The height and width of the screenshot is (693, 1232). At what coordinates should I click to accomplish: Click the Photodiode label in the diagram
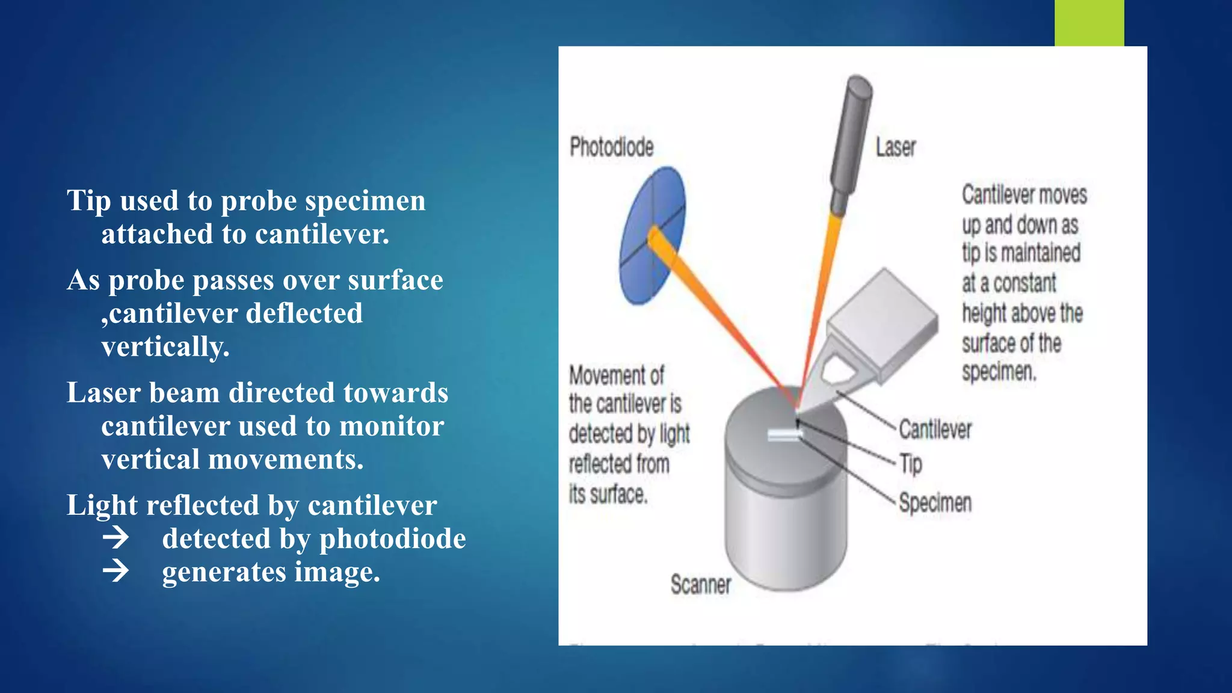[x=611, y=147]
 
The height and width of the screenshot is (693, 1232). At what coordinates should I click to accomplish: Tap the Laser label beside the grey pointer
[x=895, y=147]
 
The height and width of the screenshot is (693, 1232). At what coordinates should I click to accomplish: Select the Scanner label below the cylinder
[x=701, y=585]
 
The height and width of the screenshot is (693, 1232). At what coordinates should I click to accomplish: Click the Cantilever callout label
[x=935, y=430]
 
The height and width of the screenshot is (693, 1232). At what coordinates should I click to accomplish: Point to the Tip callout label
[x=911, y=464]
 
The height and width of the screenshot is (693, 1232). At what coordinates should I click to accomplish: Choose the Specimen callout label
[x=935, y=503]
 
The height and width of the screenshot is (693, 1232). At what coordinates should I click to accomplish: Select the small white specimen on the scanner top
[x=784, y=435]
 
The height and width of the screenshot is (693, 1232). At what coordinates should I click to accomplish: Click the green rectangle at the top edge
[x=1089, y=23]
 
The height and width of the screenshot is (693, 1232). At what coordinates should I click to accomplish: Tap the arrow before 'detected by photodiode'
[x=115, y=537]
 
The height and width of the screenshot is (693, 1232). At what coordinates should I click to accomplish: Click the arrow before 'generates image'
[x=115, y=571]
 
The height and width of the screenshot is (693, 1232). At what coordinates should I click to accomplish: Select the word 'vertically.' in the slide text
[x=165, y=346]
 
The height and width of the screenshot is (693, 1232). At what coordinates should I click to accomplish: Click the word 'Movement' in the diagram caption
[x=617, y=375]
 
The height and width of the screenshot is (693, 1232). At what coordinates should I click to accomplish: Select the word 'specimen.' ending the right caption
[x=999, y=372]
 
